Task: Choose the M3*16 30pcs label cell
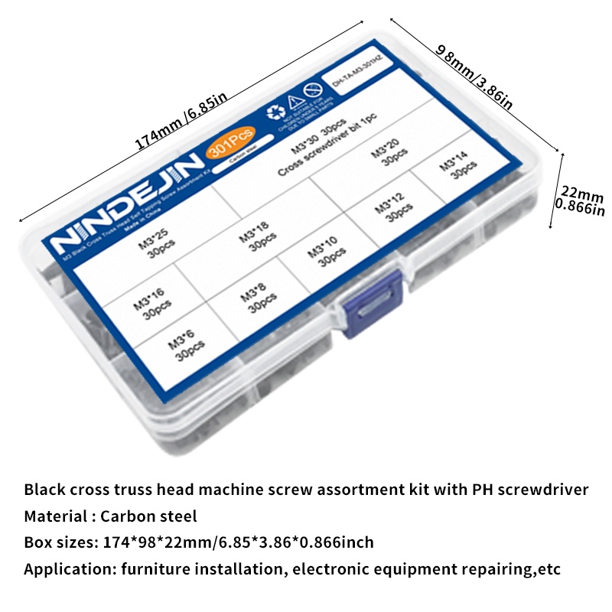click(x=149, y=301)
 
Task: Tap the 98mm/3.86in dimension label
click(x=474, y=77)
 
